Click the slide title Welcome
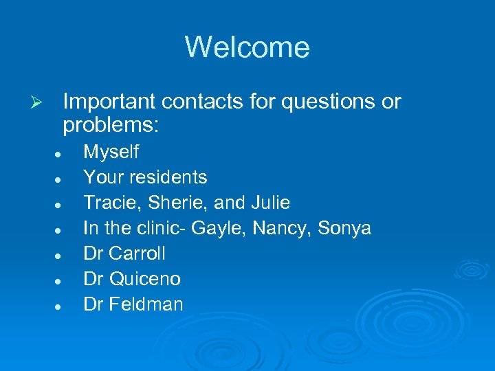point(247,47)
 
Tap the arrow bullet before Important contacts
point(39,102)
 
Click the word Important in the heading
point(110,102)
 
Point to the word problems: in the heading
point(111,125)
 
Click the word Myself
point(111,152)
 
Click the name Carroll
point(137,254)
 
